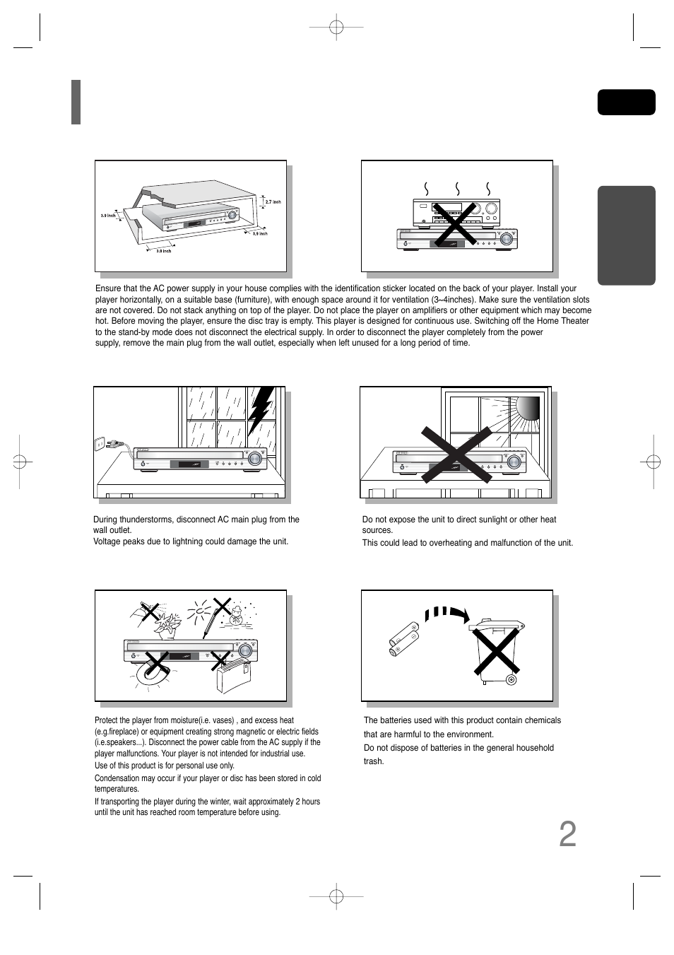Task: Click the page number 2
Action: coord(567,835)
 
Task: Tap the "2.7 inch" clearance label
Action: coord(273,202)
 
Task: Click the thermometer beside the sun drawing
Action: coord(209,619)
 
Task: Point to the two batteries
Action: coord(403,636)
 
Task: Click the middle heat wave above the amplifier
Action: coord(458,188)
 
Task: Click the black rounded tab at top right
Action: coord(626,102)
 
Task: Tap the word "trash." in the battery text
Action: coord(374,761)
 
